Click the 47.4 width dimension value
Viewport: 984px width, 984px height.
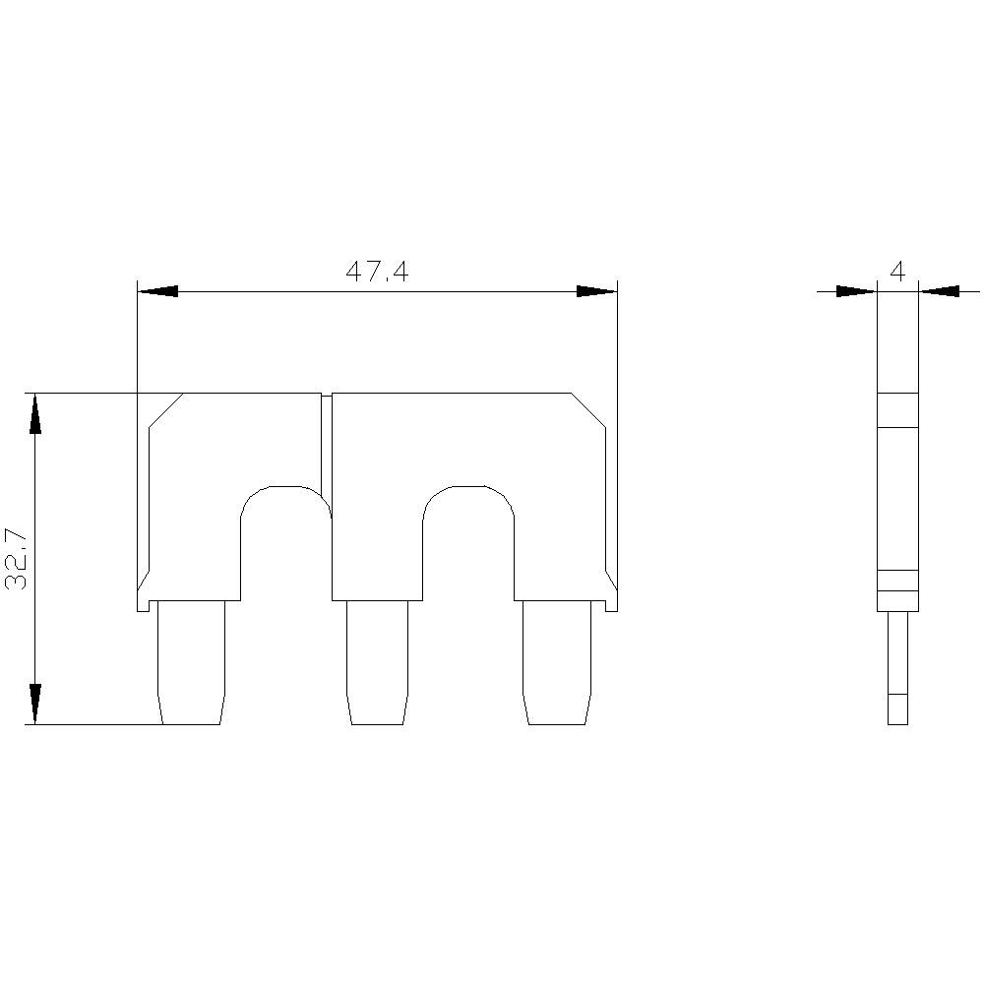(x=377, y=273)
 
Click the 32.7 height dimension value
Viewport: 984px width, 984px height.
(x=17, y=559)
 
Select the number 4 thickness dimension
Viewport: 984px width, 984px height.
(x=896, y=273)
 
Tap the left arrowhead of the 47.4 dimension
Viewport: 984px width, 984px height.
(x=157, y=291)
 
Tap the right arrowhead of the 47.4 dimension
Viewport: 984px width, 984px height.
(x=595, y=291)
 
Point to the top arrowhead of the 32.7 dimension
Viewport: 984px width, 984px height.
(x=35, y=413)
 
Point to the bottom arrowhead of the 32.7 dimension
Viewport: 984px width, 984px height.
(x=35, y=705)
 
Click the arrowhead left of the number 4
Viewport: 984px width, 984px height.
(x=855, y=291)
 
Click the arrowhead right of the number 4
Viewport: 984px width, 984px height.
(x=940, y=291)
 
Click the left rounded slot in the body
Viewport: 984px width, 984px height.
(x=286, y=541)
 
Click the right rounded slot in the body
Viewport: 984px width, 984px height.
(x=468, y=541)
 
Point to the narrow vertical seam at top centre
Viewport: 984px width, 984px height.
(x=327, y=443)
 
